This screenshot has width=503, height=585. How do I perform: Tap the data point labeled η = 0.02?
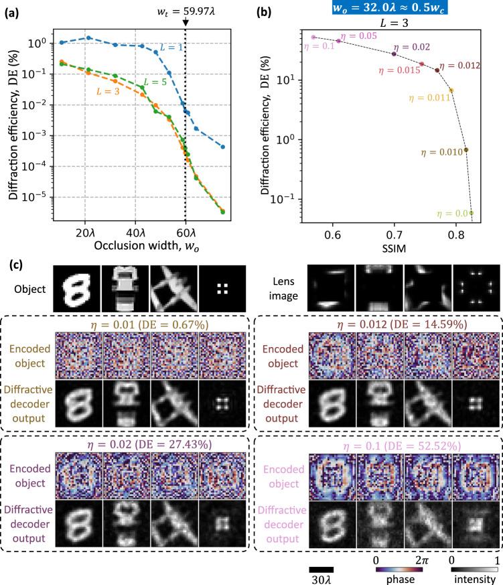click(x=394, y=54)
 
